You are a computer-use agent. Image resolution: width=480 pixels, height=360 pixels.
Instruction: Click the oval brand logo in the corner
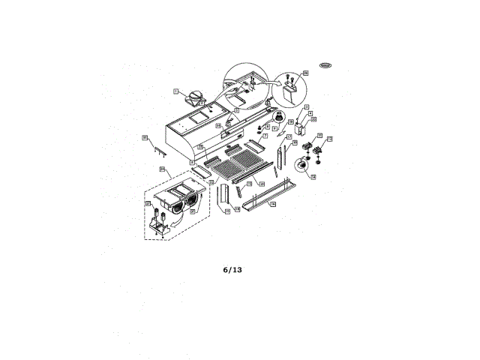pyautogui.click(x=326, y=65)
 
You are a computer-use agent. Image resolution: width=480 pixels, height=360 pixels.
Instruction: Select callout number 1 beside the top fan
pyautogui.click(x=175, y=90)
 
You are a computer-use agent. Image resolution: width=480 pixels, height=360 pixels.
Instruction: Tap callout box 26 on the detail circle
pyautogui.click(x=305, y=73)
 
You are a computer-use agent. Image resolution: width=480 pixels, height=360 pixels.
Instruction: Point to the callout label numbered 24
pyautogui.click(x=162, y=169)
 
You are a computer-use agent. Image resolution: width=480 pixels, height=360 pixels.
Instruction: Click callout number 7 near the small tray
pyautogui.click(x=264, y=136)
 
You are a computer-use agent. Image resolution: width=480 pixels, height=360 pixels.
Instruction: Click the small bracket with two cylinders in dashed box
pyautogui.click(x=160, y=222)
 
